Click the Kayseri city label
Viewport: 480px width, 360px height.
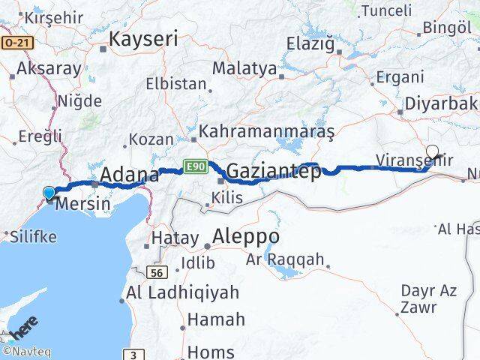tap(144, 40)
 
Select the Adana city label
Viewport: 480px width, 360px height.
tap(130, 175)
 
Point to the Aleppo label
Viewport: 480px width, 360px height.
tap(246, 236)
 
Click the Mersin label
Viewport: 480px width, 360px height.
tap(84, 203)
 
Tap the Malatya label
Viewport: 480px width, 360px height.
tap(244, 68)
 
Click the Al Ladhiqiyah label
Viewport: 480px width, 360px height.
tap(183, 292)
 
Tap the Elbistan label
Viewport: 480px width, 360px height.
tap(175, 83)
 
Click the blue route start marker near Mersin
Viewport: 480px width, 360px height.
tap(49, 193)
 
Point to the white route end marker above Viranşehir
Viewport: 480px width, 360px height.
tap(433, 151)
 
